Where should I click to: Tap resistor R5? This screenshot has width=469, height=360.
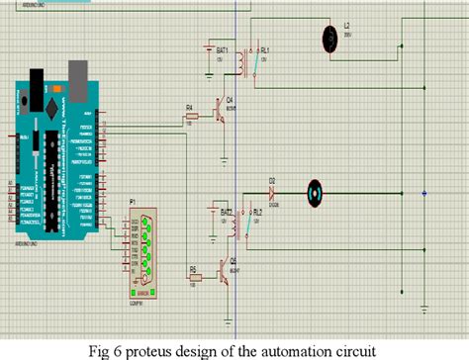pyautogui.click(x=195, y=273)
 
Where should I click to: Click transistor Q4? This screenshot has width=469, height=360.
pyautogui.click(x=223, y=115)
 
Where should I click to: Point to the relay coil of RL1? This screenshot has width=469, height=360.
pyautogui.click(x=242, y=61)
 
